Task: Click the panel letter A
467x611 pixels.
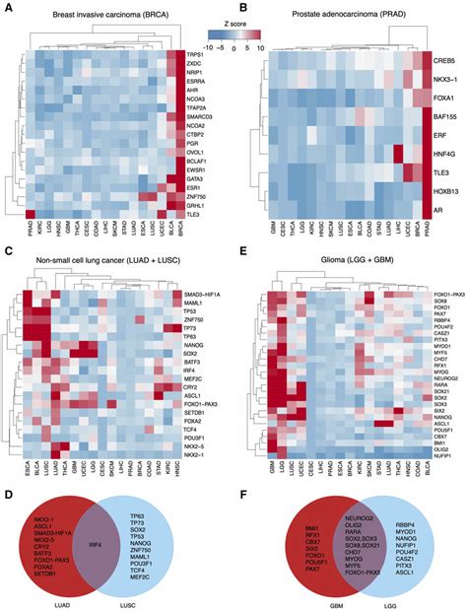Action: pos(7,7)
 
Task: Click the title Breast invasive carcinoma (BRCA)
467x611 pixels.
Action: pos(95,9)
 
